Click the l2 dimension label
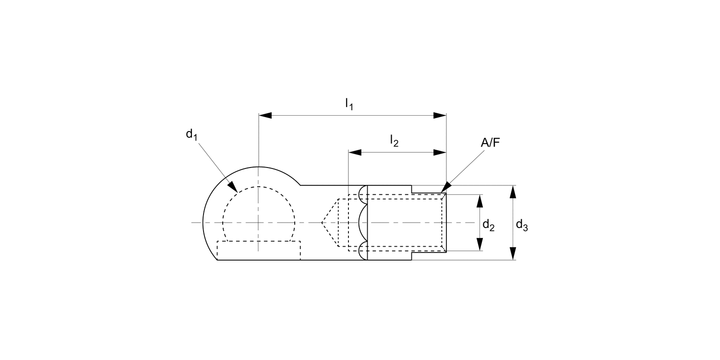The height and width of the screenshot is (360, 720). coord(394,141)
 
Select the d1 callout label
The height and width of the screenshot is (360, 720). coord(192,135)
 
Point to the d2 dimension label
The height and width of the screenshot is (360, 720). coord(489,225)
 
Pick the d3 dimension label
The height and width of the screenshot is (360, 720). coord(522,225)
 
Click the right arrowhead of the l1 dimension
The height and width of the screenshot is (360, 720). coord(440,115)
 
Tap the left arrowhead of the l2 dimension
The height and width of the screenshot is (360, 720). coord(355,152)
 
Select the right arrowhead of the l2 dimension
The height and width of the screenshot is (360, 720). coord(440,152)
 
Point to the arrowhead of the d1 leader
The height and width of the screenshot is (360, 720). coord(233,188)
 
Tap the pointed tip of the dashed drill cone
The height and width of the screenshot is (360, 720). coord(322,222)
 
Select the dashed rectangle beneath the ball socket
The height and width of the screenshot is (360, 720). coord(259,250)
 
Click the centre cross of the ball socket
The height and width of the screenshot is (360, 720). coord(259,222)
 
